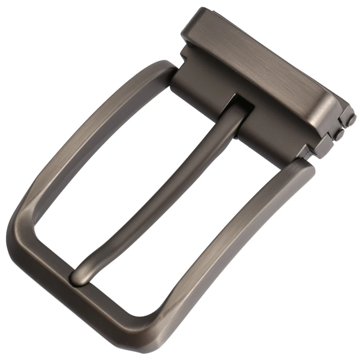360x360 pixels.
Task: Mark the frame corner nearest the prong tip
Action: pos(29,229)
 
